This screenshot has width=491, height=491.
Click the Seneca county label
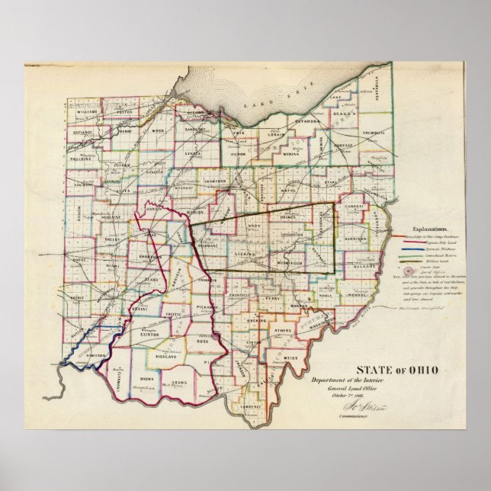[x=192, y=154]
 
